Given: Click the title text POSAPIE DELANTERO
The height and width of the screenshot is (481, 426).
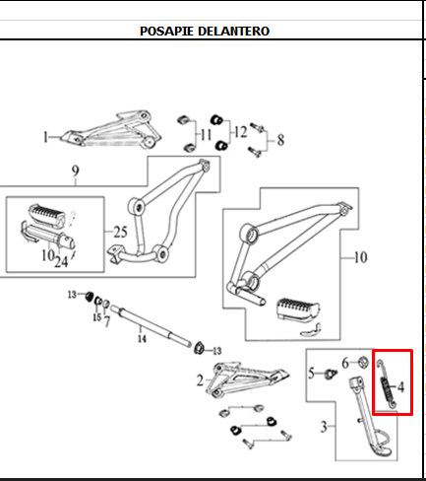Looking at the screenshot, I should [x=205, y=31].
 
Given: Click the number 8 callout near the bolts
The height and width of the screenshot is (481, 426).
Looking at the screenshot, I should [x=278, y=139].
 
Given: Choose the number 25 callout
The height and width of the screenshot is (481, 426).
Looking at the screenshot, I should [x=120, y=233].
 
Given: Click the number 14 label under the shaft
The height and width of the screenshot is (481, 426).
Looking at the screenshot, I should [x=141, y=339].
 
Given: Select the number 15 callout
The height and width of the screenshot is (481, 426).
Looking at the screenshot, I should [x=96, y=316].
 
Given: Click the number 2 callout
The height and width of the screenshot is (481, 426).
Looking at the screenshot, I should [x=200, y=379].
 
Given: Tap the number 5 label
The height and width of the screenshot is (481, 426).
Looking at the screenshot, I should [x=312, y=374].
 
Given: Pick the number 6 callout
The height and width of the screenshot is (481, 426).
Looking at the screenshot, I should [x=345, y=363].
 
